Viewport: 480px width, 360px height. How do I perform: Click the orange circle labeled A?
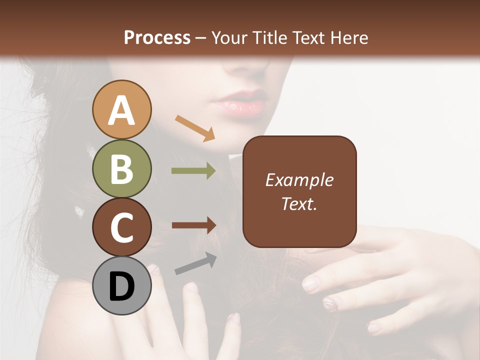coord(121,109)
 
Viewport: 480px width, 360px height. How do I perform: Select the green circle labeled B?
coord(121,168)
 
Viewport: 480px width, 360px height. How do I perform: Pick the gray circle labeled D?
coord(121,285)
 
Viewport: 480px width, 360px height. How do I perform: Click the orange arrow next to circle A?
coord(195,128)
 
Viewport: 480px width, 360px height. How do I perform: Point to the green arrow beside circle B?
coord(193,171)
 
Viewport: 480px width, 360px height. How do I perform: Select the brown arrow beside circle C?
coord(193,225)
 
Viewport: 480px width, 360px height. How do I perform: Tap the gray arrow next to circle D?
coord(195,263)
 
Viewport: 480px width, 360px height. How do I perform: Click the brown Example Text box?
coord(299,191)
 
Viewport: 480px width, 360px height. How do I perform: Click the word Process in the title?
coord(157,37)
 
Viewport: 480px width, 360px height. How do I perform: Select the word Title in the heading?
coord(270,37)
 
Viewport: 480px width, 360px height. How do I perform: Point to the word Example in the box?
coord(299,180)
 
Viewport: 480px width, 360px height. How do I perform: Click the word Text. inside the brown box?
coord(299,203)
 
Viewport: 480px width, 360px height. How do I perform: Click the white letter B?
coord(121,168)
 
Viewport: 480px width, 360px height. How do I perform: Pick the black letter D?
coord(121,286)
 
